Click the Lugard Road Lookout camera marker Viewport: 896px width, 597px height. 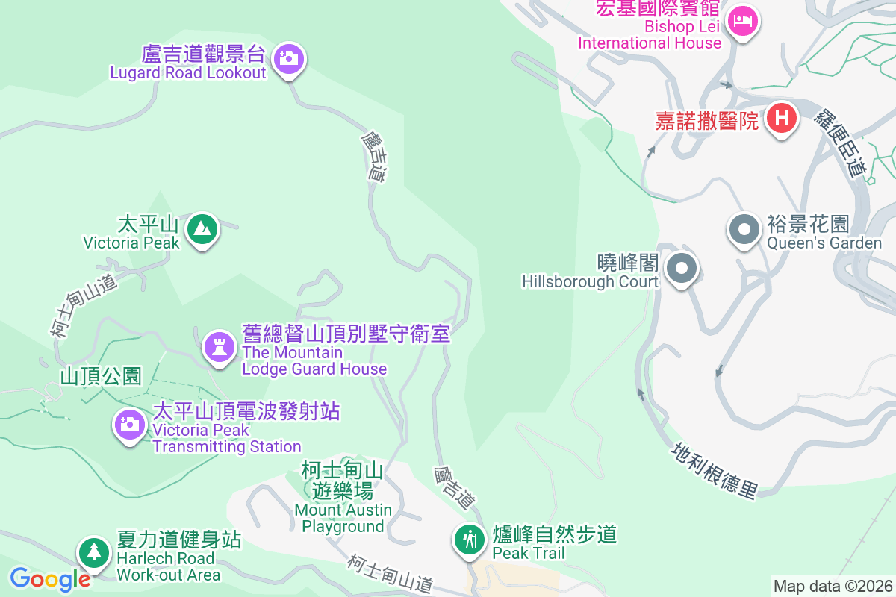(x=288, y=58)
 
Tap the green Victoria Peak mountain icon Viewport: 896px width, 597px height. (x=202, y=228)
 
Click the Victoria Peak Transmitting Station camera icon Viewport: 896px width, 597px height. (x=129, y=424)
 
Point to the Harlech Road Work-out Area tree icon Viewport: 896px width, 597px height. (x=93, y=552)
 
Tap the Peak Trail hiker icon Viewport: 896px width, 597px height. (x=470, y=538)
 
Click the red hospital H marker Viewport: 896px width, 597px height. (x=781, y=118)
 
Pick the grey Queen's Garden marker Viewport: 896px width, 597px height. (x=744, y=230)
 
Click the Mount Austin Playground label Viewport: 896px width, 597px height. (x=343, y=518)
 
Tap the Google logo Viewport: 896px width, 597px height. (x=50, y=578)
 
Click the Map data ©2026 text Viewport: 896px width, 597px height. (x=833, y=586)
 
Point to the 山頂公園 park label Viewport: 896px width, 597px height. (x=101, y=376)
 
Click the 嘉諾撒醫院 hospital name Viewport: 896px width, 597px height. (x=706, y=120)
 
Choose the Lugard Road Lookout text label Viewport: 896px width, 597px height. (x=188, y=73)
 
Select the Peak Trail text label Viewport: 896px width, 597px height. (x=529, y=553)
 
